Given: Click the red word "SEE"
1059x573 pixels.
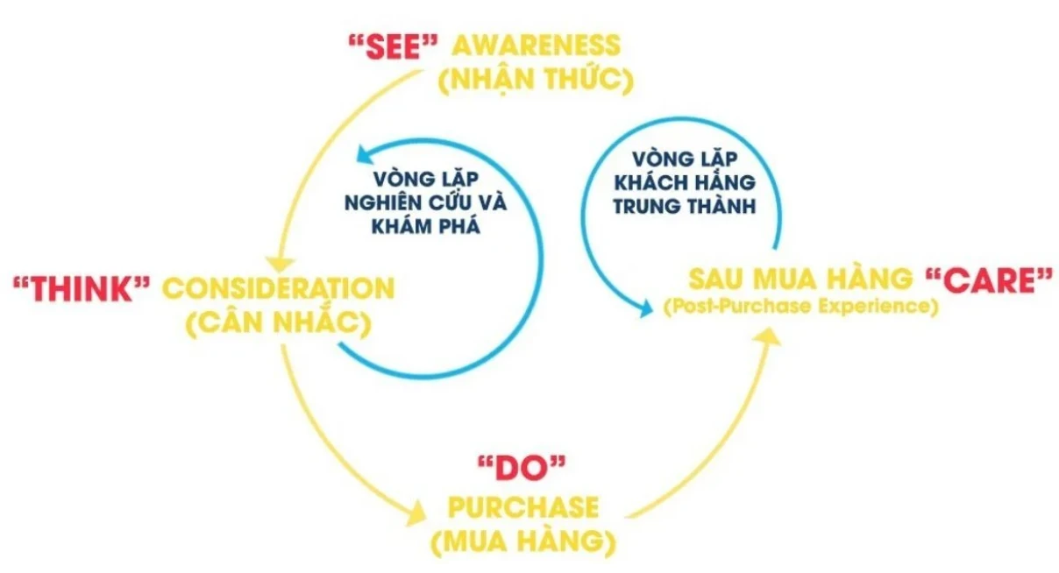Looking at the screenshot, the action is click(x=394, y=47).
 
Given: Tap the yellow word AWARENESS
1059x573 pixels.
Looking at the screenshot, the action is click(x=537, y=46).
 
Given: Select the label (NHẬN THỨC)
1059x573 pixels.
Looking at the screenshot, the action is click(x=537, y=80).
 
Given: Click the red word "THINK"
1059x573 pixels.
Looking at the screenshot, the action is click(x=82, y=288).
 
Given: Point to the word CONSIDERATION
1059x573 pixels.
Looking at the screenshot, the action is click(x=279, y=288).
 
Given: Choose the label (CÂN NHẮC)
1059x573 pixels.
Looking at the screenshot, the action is click(x=280, y=323).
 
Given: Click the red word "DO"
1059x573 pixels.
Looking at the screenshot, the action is click(x=522, y=469).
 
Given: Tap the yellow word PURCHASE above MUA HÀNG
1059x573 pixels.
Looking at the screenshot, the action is click(x=522, y=507).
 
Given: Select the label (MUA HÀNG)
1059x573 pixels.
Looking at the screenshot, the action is click(x=523, y=541).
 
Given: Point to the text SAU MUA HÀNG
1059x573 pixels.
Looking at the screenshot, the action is click(x=800, y=279).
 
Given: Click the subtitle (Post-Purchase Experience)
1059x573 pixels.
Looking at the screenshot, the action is click(x=801, y=307).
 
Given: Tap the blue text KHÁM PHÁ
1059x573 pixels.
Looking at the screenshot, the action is click(x=425, y=226).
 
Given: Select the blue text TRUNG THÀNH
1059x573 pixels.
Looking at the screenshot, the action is click(x=685, y=206).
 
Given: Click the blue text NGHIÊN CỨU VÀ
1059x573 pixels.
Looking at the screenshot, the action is click(x=425, y=202).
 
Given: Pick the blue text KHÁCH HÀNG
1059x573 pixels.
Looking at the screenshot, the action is click(x=685, y=182).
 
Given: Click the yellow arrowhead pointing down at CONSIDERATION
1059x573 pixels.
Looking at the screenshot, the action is click(x=280, y=265).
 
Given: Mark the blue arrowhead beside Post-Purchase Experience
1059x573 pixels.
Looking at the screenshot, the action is click(x=643, y=308).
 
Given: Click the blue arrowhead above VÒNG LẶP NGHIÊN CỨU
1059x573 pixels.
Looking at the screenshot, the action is click(x=365, y=154).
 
